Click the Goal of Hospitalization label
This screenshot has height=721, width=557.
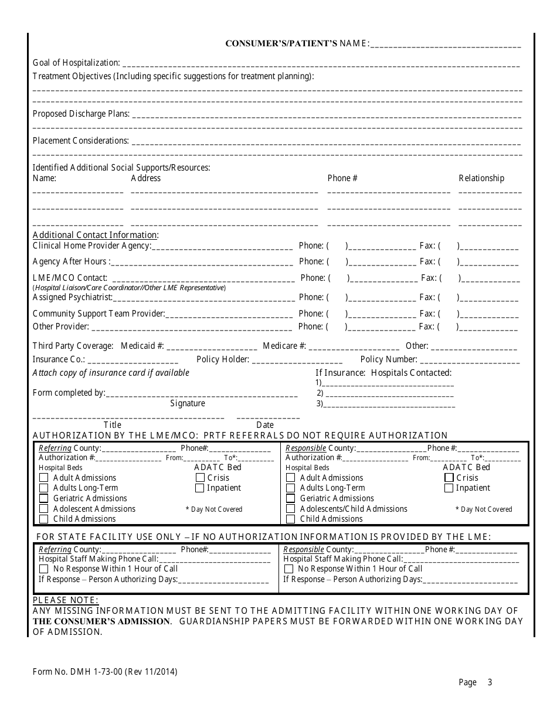coord(76,63)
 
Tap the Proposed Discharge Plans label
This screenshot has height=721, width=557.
coord(81,114)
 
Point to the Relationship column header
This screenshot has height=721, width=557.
coord(481,178)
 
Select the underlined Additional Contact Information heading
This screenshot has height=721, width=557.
coord(96,235)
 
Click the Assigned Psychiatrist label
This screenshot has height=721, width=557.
coord(72,297)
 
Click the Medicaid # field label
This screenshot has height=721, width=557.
coord(142,346)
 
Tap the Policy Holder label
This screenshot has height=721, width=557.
coord(223,359)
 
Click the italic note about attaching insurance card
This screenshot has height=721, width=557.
coord(111,373)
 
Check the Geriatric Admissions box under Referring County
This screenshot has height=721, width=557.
coord(43,498)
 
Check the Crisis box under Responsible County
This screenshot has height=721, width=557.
coord(449,478)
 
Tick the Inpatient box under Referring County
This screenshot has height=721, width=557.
coord(199,488)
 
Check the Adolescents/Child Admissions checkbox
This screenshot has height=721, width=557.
coord(290,509)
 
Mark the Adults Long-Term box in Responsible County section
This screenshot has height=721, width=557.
coord(290,488)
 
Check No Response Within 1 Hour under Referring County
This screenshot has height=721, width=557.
coord(43,569)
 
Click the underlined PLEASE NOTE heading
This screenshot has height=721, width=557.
coord(66,600)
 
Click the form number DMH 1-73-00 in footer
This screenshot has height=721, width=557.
coord(104,672)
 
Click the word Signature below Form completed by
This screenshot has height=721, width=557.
coord(188,403)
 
